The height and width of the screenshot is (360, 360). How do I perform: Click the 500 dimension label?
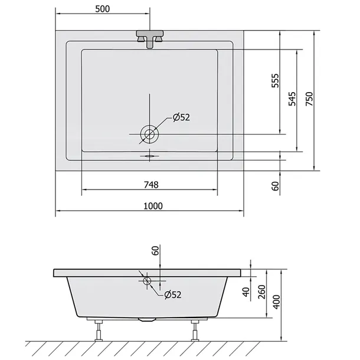pos(103,9)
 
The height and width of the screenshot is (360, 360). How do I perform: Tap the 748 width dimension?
pos(151,185)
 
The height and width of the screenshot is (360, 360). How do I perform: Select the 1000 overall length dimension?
pos(153,206)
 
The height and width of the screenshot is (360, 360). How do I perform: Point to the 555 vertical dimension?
pos(275,81)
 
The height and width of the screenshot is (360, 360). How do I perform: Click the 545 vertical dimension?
pos(292,99)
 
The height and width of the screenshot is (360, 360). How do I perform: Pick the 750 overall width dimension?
pos(309,99)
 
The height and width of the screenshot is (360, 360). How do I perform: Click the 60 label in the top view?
pos(275,186)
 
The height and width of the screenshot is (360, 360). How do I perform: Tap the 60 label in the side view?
pos(155,250)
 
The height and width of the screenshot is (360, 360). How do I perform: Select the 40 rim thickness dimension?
pos(246,292)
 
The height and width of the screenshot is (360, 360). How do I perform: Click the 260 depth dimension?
pos(261,292)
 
